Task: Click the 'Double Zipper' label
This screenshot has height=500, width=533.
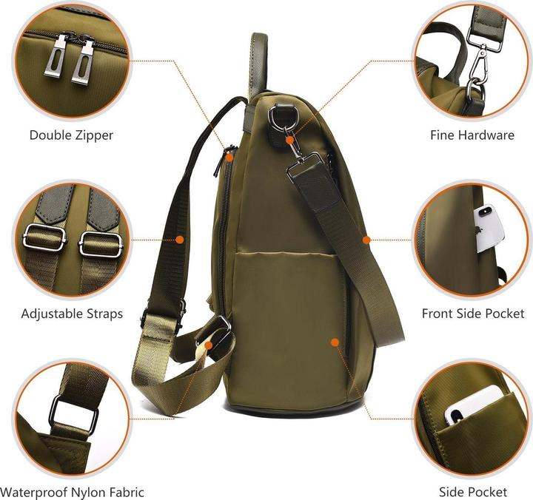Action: coord(71,135)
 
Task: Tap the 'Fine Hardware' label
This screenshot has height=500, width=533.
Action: coord(472,135)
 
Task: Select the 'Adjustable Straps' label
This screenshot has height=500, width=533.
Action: coord(72,314)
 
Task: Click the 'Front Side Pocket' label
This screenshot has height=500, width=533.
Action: coord(472,314)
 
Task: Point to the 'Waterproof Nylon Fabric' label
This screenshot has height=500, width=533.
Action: coord(73,492)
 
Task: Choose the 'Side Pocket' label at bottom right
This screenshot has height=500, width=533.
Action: coord(472,492)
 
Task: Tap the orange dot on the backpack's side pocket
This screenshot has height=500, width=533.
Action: coord(335,342)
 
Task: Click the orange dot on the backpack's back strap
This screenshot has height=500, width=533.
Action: coord(180,239)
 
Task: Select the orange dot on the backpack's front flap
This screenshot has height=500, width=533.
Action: coord(366,239)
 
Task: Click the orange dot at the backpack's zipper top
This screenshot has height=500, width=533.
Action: coord(230,157)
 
